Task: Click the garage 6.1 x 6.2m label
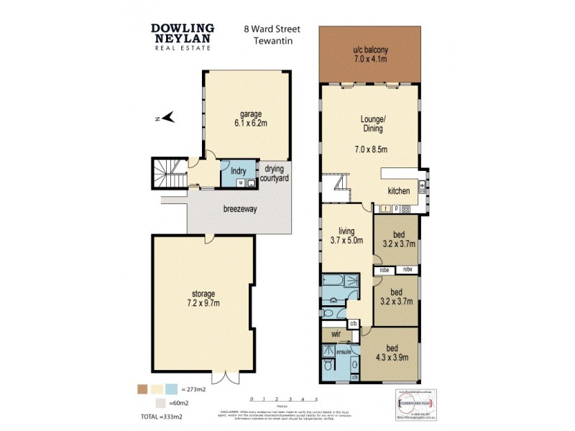[251, 119]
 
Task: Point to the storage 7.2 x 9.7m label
[204, 299]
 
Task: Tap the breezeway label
[241, 209]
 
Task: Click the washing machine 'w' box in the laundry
[240, 183]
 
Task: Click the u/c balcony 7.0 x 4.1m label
[369, 54]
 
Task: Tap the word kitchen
[399, 191]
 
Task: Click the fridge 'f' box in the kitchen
[386, 209]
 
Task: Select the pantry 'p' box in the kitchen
[396, 209]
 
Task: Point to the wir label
[335, 334]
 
